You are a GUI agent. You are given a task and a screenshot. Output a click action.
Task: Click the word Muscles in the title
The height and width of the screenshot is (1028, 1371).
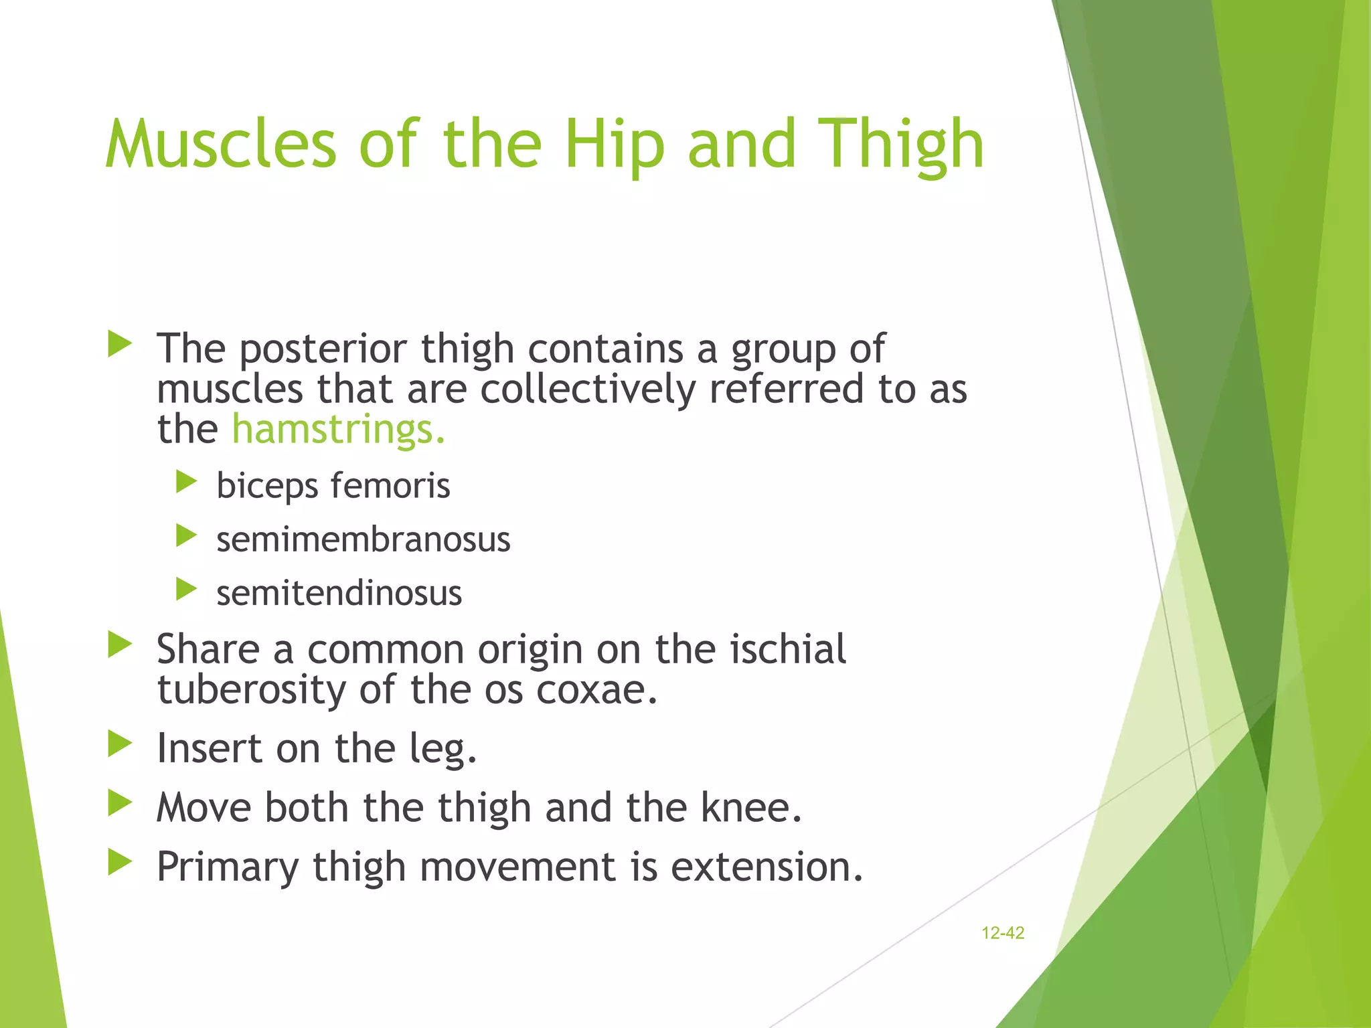pos(221,144)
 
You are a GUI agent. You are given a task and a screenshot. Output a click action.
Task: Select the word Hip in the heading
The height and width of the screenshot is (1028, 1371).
pos(615,144)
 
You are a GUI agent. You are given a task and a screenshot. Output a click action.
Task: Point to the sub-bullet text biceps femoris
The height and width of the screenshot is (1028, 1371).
pos(333,485)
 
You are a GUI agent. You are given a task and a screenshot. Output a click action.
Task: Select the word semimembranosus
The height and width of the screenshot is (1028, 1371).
pos(363,539)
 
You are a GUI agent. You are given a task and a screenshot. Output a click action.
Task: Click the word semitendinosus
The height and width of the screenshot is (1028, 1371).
pos(339,593)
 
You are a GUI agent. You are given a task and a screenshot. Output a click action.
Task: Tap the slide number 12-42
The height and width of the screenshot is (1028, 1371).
pos(1002,933)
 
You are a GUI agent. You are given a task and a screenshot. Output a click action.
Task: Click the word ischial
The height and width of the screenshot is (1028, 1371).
pos(787,649)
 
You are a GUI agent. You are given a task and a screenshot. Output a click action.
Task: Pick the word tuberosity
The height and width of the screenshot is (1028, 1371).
pos(251,689)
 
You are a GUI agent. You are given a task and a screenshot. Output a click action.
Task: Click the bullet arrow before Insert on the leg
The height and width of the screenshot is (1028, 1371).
pos(120,744)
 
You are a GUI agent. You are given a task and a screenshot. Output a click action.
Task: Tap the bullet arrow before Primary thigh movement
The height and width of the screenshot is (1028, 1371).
pos(120,862)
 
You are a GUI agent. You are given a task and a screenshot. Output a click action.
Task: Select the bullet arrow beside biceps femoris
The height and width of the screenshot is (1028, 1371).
pos(186,481)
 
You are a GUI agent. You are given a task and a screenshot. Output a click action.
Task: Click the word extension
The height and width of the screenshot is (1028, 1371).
pos(766,867)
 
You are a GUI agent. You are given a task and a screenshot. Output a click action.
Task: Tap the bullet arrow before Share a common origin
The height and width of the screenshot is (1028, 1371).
pos(120,645)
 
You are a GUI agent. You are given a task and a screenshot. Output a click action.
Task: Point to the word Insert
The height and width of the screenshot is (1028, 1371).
pos(208,748)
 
